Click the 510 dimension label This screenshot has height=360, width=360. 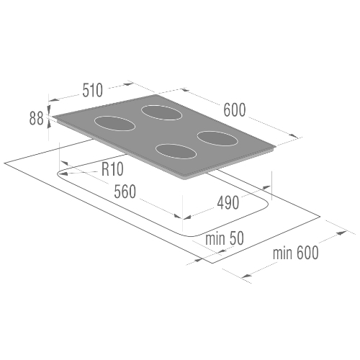(x=93, y=90)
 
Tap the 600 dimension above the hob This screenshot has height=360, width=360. (x=235, y=110)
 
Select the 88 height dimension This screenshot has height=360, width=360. (x=37, y=119)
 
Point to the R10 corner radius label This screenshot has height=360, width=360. (x=112, y=169)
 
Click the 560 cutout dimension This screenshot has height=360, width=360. (x=125, y=192)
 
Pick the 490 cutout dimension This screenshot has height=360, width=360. (x=228, y=202)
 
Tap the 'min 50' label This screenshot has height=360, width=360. (x=225, y=238)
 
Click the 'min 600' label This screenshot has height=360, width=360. (x=296, y=253)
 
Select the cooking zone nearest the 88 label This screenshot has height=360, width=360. (x=114, y=123)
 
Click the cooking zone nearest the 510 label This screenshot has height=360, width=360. (x=161, y=112)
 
